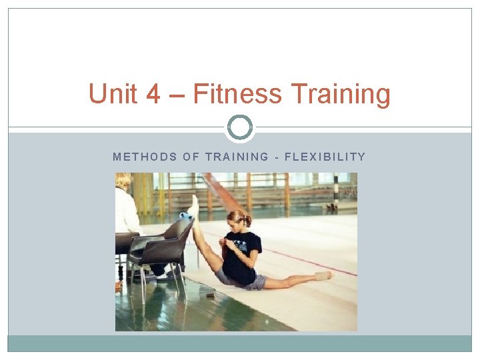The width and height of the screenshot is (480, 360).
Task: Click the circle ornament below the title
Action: point(240,127)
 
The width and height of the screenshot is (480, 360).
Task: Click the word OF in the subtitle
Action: point(192,157)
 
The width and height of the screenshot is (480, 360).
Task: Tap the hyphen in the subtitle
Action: point(276,157)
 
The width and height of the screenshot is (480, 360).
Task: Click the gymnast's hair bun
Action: point(247,220)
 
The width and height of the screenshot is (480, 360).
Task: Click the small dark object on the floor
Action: point(211,294)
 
